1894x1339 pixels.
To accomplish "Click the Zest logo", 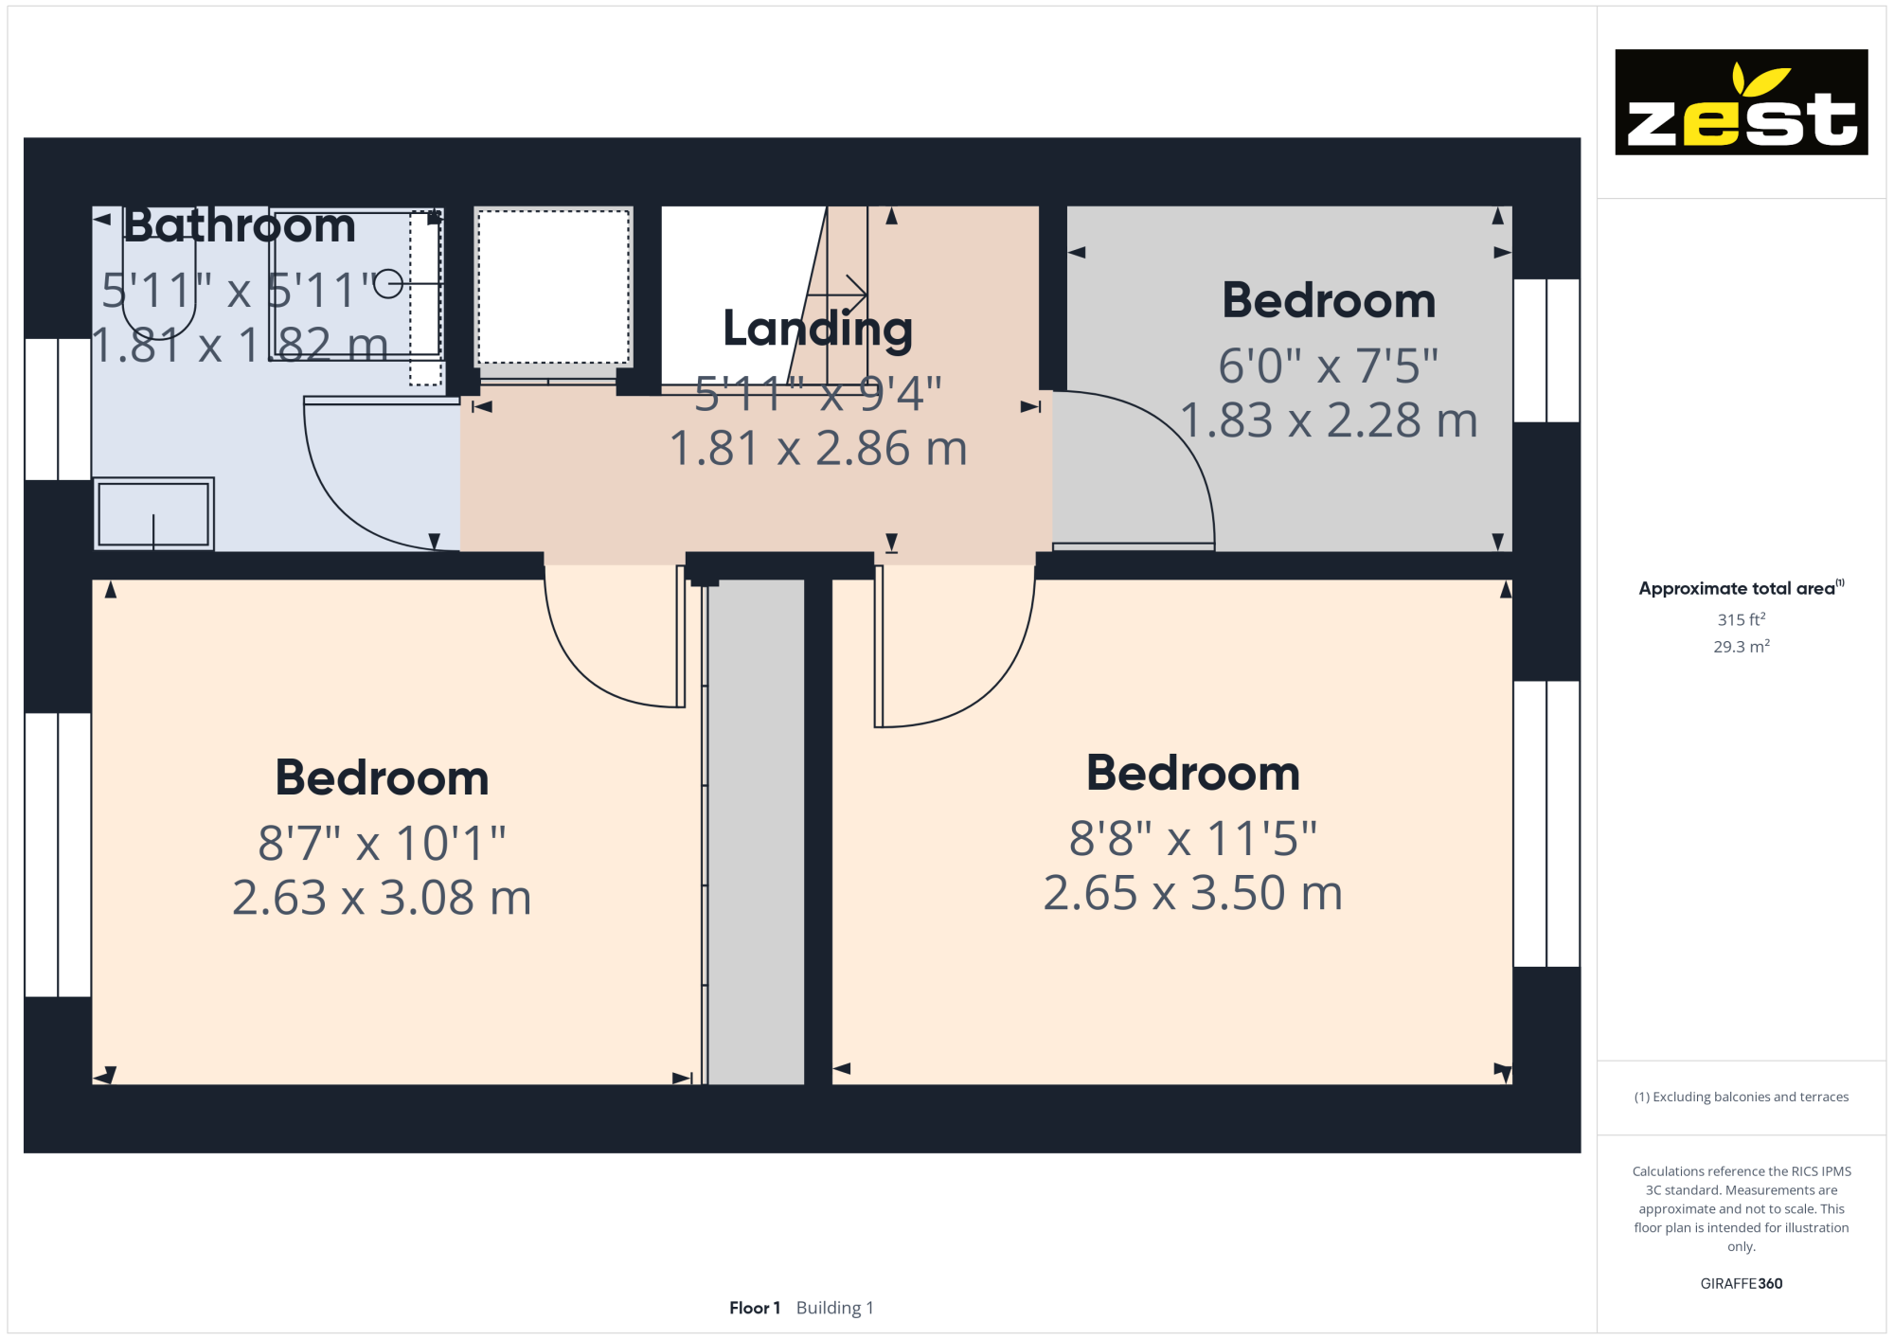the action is [x=1741, y=102].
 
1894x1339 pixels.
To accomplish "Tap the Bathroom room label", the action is [x=240, y=225].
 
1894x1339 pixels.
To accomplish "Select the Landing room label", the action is [x=817, y=330].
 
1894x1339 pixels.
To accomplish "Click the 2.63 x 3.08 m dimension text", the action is [x=382, y=898].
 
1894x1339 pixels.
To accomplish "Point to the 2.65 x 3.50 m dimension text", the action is [x=1193, y=893].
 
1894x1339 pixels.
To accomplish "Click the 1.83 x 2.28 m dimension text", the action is [x=1329, y=420].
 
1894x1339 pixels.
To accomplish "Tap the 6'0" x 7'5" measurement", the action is [x=1329, y=366].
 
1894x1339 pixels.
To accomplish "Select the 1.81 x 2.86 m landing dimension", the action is [x=818, y=448].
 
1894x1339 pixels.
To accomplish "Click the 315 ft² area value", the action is [x=1742, y=619].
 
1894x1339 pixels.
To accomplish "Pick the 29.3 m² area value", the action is [x=1742, y=646].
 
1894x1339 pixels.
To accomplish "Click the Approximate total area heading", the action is [x=1741, y=588].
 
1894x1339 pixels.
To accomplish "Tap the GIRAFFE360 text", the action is [x=1741, y=1284].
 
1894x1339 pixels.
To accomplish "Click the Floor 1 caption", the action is [x=755, y=1308].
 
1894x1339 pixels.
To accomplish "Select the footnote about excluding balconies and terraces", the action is [x=1741, y=1097].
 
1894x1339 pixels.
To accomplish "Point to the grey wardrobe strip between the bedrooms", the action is [x=756, y=831].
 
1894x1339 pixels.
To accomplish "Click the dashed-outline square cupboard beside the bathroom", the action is [x=553, y=286].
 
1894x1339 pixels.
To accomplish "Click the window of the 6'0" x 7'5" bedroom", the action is [x=1546, y=350].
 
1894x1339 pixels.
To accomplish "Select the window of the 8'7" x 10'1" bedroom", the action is [x=58, y=854].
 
